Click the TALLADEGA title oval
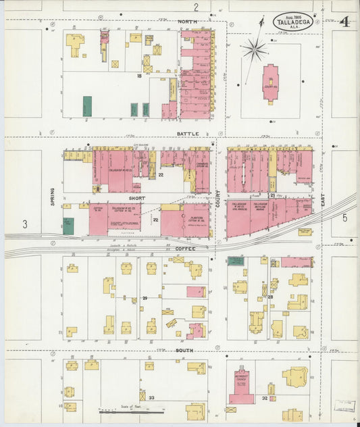click(x=292, y=22)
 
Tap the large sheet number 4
click(x=344, y=22)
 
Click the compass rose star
click(x=255, y=48)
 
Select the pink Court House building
click(x=271, y=83)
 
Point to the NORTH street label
click(x=188, y=22)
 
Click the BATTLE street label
click(x=188, y=134)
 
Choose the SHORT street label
click(x=138, y=199)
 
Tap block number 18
click(x=139, y=76)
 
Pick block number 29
click(x=145, y=298)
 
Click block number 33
click(x=151, y=398)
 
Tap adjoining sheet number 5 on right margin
click(x=344, y=218)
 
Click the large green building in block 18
click(x=87, y=106)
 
